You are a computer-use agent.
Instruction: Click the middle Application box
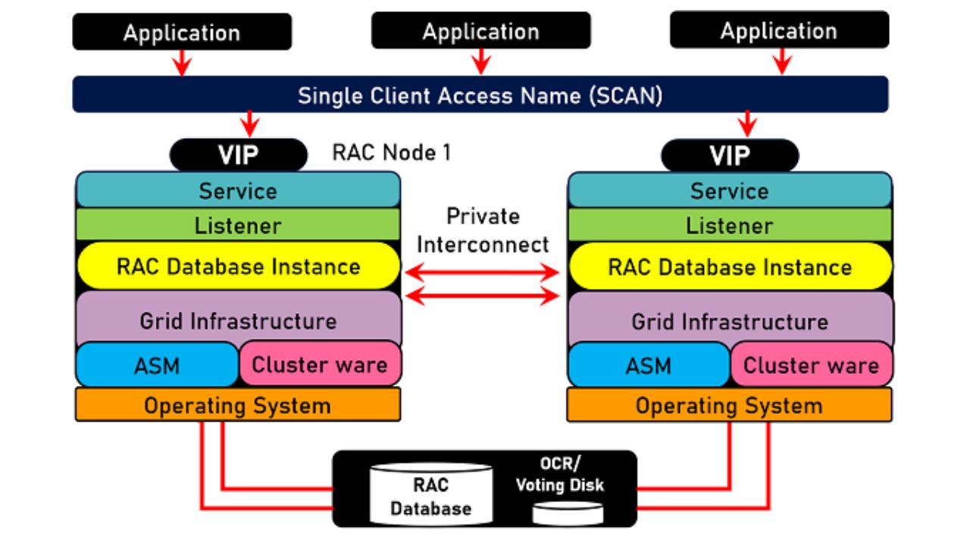point(480,31)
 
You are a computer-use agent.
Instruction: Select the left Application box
point(182,33)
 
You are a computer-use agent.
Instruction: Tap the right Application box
point(779,30)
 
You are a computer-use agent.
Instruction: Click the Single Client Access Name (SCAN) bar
point(480,96)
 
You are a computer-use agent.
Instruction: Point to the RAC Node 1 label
point(391,152)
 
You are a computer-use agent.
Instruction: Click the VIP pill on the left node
point(239,155)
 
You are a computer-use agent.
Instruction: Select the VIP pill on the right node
point(730,155)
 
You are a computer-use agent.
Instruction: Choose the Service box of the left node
point(238,190)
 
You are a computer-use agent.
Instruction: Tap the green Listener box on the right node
point(730,225)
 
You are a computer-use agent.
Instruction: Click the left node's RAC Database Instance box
point(238,266)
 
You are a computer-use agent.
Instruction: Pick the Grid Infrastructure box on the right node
point(730,320)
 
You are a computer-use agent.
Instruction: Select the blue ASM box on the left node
point(158,365)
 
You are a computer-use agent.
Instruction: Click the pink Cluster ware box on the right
point(811,365)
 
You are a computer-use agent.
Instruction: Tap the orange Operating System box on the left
point(237,406)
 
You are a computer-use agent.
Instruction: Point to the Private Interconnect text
point(483,230)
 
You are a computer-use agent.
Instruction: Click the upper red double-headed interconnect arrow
point(483,271)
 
